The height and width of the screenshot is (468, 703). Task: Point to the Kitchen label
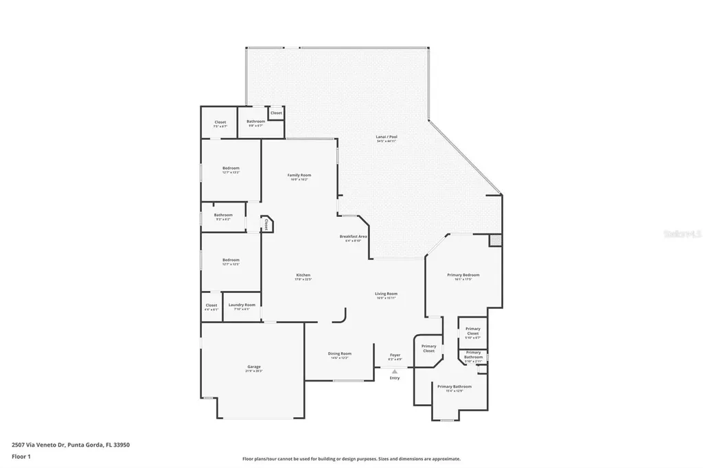coord(303,277)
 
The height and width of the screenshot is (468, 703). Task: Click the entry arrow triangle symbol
coord(395,371)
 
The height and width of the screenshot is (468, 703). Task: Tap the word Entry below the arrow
coord(395,378)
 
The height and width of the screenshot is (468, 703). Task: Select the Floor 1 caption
coord(21,456)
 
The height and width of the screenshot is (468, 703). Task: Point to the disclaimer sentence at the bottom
coord(351,459)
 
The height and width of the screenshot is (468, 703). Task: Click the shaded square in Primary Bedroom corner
coord(495,241)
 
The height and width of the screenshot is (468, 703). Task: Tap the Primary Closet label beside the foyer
coord(428,349)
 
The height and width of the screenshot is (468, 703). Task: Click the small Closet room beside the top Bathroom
coord(276,113)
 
